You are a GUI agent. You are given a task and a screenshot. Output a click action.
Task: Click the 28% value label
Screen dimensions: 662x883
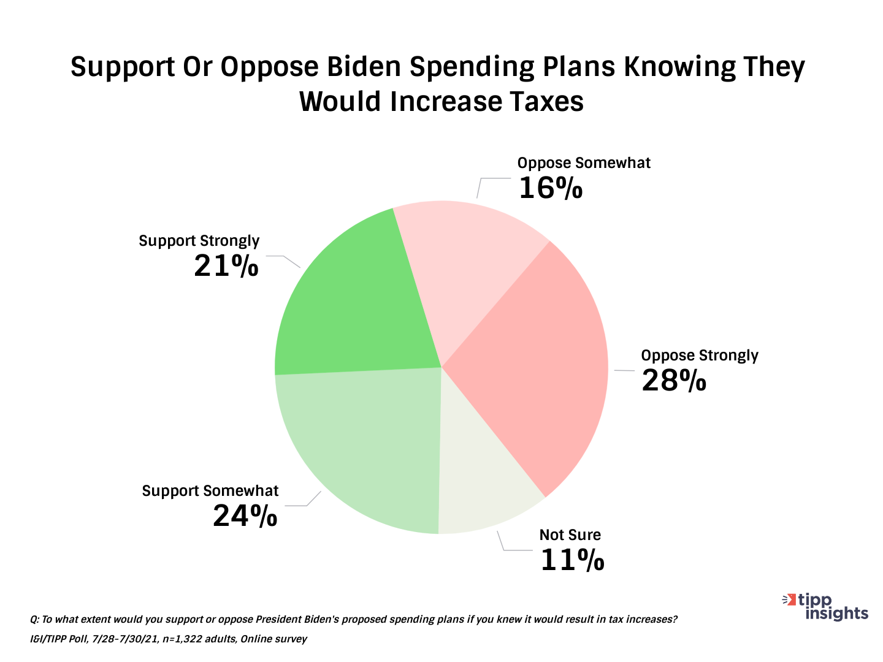pyautogui.click(x=674, y=381)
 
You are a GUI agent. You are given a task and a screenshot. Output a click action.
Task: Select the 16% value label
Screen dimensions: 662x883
pyautogui.click(x=550, y=188)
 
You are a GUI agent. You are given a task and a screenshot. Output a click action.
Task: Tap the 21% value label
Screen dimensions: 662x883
pyautogui.click(x=226, y=265)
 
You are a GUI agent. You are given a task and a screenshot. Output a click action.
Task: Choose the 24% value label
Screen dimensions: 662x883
pyautogui.click(x=245, y=516)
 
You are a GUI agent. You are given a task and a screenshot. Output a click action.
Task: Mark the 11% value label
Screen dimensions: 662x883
pyautogui.click(x=572, y=560)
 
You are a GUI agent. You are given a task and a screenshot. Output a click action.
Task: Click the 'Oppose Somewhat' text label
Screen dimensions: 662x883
pyautogui.click(x=584, y=163)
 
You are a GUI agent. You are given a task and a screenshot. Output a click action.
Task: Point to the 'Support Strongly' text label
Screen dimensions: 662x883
pyautogui.click(x=199, y=241)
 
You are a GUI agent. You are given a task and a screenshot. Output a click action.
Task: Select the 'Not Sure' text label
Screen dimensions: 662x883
pyautogui.click(x=570, y=535)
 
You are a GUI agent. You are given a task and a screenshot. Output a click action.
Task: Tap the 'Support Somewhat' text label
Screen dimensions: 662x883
pyautogui.click(x=210, y=491)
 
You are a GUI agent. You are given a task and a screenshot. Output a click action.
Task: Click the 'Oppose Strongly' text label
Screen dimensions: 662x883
pyautogui.click(x=700, y=356)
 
